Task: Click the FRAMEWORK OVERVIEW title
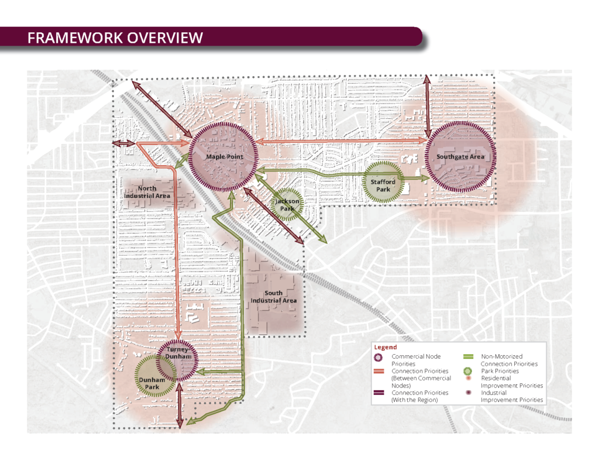(115, 37)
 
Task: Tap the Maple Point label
(224, 157)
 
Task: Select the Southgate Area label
(460, 157)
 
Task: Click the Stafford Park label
(383, 186)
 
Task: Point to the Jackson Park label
(287, 204)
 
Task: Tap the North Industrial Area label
(147, 191)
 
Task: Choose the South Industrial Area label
(273, 297)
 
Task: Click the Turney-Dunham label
(177, 353)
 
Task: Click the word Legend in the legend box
(385, 347)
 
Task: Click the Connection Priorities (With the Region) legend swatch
(380, 393)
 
